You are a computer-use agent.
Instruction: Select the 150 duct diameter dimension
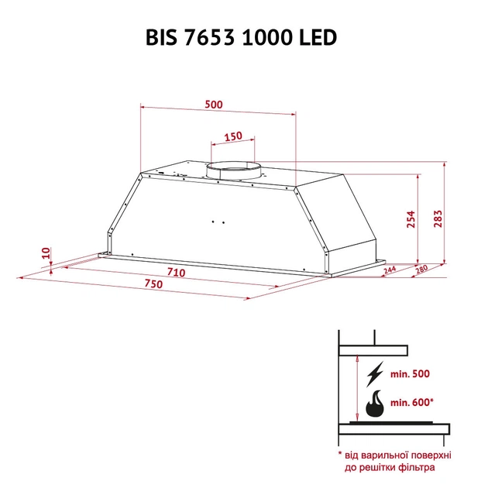pyautogui.click(x=232, y=136)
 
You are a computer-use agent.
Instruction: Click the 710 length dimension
pyautogui.click(x=176, y=273)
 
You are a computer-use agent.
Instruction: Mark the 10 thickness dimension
pyautogui.click(x=46, y=253)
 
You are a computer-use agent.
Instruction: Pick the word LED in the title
pyautogui.click(x=318, y=38)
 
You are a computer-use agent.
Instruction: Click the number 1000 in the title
pyautogui.click(x=267, y=38)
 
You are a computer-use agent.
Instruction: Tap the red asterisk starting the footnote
pyautogui.click(x=339, y=454)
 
